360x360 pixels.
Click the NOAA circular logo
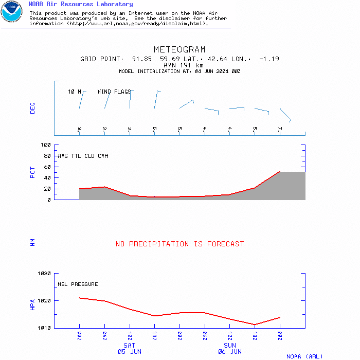pyautogui.click(x=11, y=11)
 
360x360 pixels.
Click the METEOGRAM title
pyautogui.click(x=179, y=50)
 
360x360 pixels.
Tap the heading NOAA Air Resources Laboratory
pyautogui.click(x=81, y=4)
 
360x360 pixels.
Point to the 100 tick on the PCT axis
pyautogui.click(x=46, y=145)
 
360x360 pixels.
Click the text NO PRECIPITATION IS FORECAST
pyautogui.click(x=179, y=244)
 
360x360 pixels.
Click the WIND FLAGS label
pyautogui.click(x=114, y=92)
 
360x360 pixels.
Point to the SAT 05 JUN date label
pyautogui.click(x=129, y=349)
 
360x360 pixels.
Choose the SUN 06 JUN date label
pyautogui.click(x=230, y=349)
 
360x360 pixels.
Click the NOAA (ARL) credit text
pyautogui.click(x=304, y=356)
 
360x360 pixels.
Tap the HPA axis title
pyautogui.click(x=33, y=304)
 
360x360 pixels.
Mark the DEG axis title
pyautogui.click(x=33, y=108)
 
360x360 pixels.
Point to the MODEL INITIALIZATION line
pyautogui.click(x=179, y=71)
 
